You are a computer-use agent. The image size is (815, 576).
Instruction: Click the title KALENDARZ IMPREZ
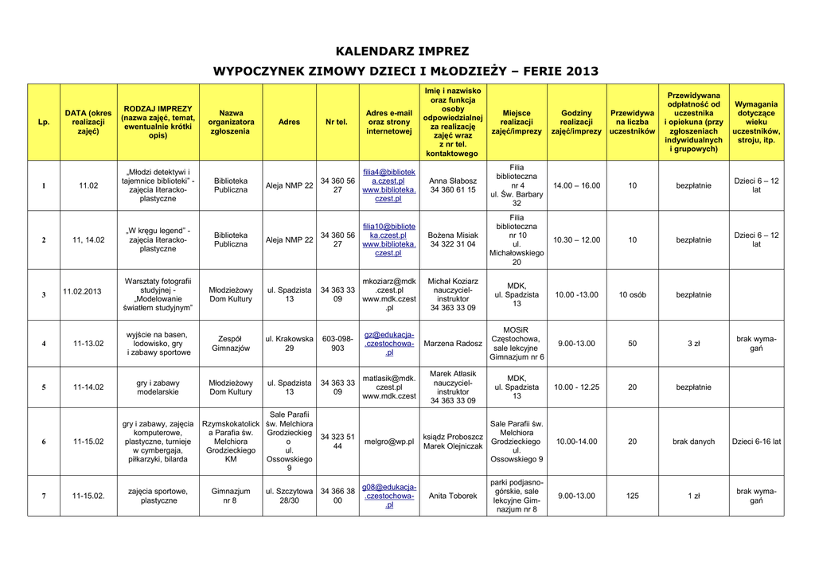pyautogui.click(x=402, y=52)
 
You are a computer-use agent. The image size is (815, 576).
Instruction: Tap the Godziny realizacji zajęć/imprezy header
pyautogui.click(x=576, y=123)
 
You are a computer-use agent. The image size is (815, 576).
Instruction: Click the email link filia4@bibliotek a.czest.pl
pyautogui.click(x=389, y=176)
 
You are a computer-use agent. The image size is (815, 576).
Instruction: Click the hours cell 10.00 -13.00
pyautogui.click(x=576, y=295)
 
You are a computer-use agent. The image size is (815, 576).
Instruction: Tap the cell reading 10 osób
pyautogui.click(x=633, y=295)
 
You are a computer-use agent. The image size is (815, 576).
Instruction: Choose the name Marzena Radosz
pyautogui.click(x=453, y=344)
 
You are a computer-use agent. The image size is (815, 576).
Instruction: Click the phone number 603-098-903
pyautogui.click(x=337, y=344)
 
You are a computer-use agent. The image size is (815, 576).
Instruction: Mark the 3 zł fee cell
pyautogui.click(x=693, y=344)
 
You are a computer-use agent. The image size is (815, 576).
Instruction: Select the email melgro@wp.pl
pyautogui.click(x=389, y=442)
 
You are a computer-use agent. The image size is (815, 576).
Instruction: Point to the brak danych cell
pyautogui.click(x=693, y=442)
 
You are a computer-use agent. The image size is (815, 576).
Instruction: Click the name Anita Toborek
pyautogui.click(x=453, y=496)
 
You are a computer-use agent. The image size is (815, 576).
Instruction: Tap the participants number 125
pyautogui.click(x=633, y=496)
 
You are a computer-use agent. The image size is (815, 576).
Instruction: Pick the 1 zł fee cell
pyautogui.click(x=693, y=496)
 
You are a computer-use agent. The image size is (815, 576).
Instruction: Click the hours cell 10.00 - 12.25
pyautogui.click(x=576, y=387)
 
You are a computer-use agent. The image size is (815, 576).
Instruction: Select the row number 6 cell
pyautogui.click(x=44, y=442)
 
